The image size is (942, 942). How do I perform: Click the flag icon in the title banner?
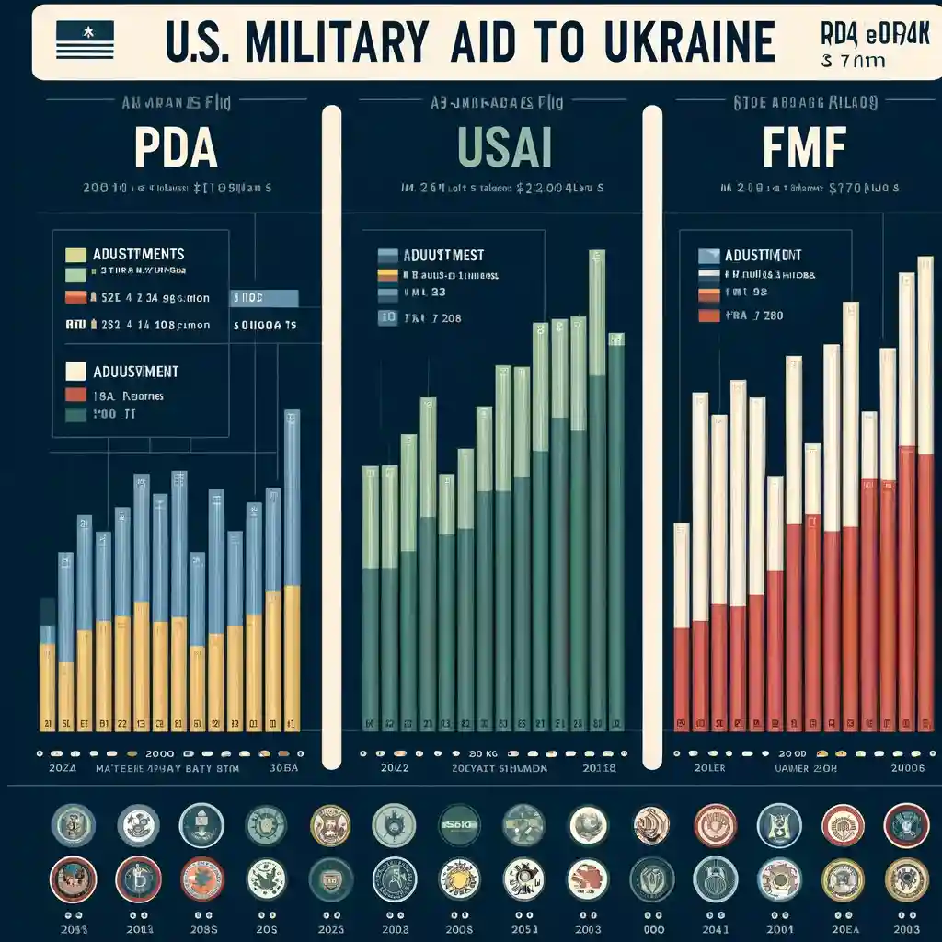coord(85,40)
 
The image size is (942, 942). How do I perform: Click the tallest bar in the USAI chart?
coord(597,488)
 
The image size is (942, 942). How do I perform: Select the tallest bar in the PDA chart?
coord(292,566)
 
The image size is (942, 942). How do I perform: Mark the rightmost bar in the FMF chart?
coord(925,492)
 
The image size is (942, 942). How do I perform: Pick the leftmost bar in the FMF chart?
coord(682,626)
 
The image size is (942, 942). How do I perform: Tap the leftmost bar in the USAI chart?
coord(370,593)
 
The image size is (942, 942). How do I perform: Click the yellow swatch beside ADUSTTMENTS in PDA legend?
coord(76,254)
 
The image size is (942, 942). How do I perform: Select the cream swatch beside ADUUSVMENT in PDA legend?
coord(76,372)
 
